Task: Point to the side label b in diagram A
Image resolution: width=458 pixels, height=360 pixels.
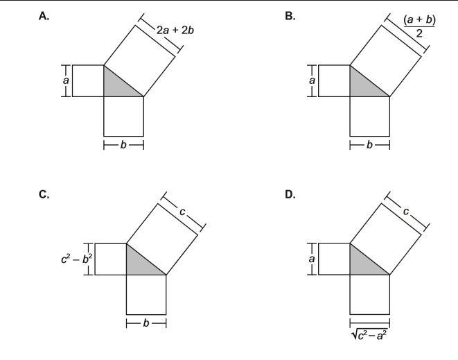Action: (x=123, y=146)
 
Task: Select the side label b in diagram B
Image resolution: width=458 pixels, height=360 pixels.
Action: (x=370, y=146)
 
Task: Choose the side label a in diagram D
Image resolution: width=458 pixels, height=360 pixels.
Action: (x=312, y=259)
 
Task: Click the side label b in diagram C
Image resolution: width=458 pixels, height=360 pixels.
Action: (x=146, y=323)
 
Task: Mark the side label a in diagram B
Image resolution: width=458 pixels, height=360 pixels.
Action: (x=312, y=80)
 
